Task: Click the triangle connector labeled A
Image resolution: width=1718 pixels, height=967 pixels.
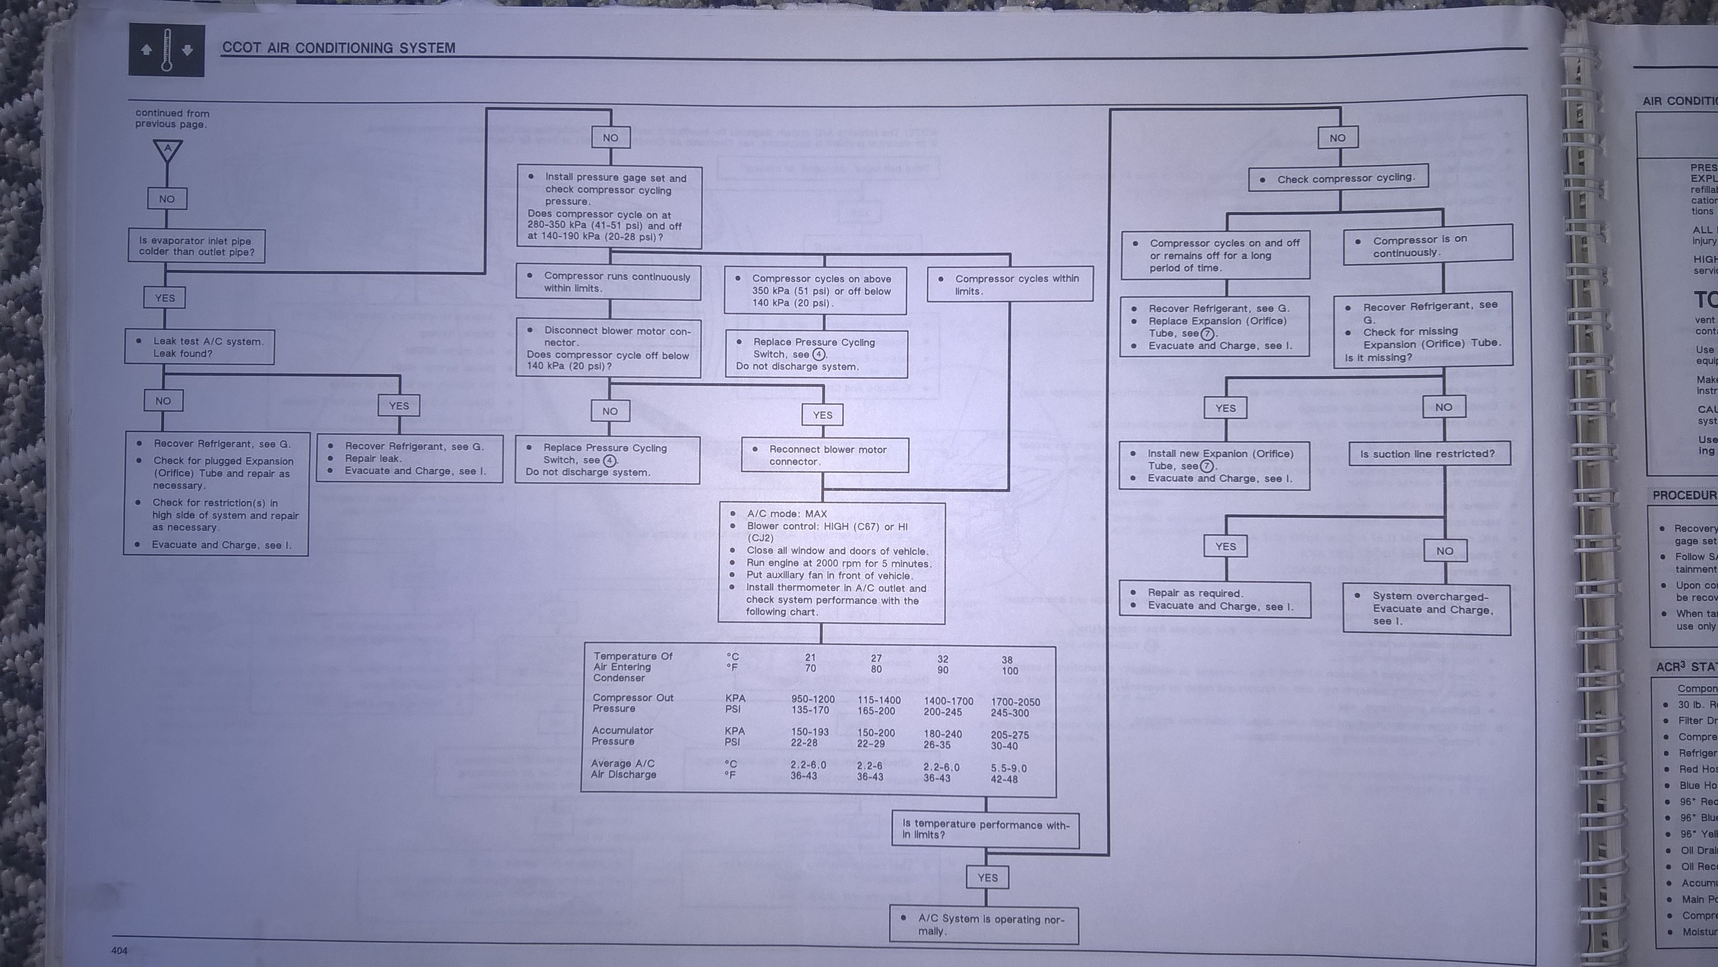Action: [x=167, y=150]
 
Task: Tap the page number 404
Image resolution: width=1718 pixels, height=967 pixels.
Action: [x=119, y=950]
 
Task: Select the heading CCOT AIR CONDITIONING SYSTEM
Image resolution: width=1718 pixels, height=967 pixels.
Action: [x=339, y=48]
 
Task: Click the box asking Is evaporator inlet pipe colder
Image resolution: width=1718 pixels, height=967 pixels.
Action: [x=197, y=246]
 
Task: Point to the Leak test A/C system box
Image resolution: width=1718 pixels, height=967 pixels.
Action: [x=199, y=347]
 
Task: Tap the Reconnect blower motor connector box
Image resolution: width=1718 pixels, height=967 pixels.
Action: [x=825, y=455]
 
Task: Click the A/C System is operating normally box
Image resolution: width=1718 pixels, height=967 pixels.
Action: [x=984, y=924]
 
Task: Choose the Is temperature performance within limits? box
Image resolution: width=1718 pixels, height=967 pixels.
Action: [x=985, y=830]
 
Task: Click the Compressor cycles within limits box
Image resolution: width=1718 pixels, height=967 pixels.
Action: [x=1010, y=285]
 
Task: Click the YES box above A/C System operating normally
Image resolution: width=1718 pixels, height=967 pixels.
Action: [x=987, y=878]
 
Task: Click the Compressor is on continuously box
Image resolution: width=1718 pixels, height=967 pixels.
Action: [x=1427, y=245]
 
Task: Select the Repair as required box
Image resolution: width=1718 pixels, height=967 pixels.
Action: [x=1215, y=599]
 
